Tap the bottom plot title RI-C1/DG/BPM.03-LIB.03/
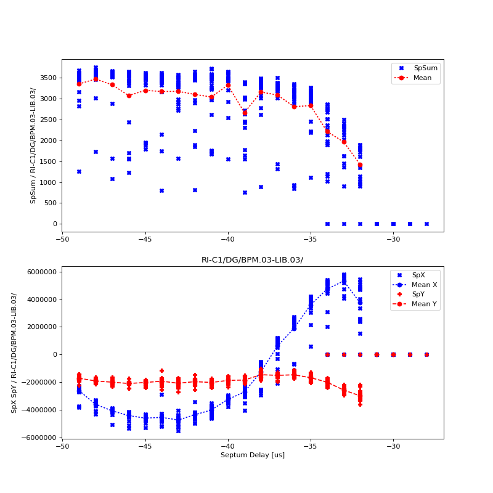coord(252,260)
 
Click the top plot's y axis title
coord(33,145)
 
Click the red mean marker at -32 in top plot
coord(360,165)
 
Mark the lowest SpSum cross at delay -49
coord(79,171)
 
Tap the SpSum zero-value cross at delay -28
coord(426,224)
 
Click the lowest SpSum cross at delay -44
coord(161,190)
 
